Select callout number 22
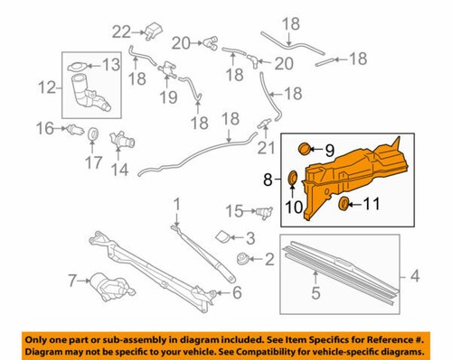point(119,32)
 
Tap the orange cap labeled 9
point(305,147)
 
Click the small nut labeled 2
point(242,260)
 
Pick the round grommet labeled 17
point(91,135)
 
